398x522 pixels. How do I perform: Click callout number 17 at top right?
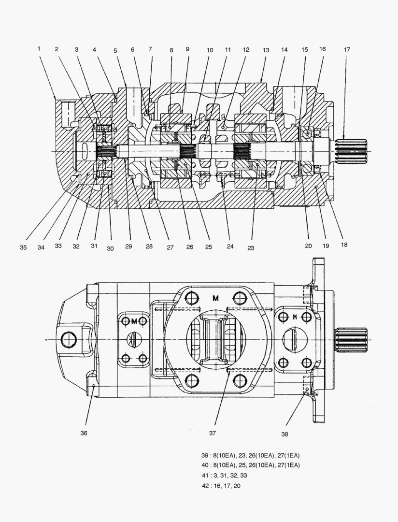click(347, 50)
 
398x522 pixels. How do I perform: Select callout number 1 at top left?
click(38, 48)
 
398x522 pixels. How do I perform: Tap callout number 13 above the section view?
click(266, 50)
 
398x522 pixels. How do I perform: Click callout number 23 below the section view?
click(251, 247)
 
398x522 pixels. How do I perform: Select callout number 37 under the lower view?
click(212, 433)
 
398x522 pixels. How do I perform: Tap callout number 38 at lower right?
click(284, 434)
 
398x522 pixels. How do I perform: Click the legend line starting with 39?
click(250, 455)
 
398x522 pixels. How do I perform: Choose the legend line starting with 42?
click(221, 485)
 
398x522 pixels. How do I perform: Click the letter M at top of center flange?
click(215, 298)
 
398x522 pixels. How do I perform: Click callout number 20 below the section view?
click(308, 246)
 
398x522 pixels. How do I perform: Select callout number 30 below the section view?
click(111, 248)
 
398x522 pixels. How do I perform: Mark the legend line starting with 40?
click(250, 465)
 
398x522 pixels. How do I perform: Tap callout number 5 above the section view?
click(115, 50)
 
